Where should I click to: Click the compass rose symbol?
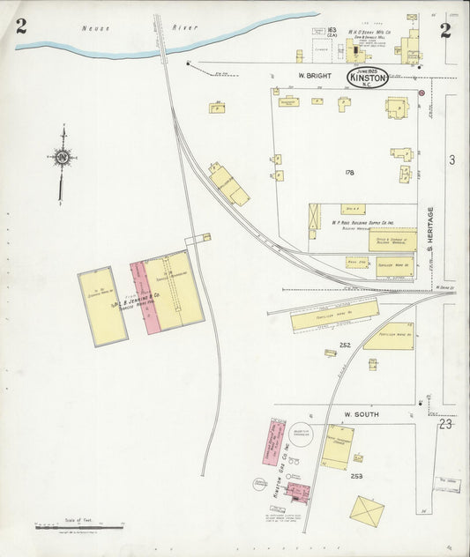click(62, 159)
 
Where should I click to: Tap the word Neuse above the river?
click(94, 28)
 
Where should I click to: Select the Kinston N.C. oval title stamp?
click(367, 78)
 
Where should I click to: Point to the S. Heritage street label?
click(431, 236)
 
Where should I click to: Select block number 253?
click(356, 476)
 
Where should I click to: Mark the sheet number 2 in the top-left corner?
click(20, 27)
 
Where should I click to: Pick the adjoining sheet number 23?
click(445, 424)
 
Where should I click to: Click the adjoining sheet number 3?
click(451, 160)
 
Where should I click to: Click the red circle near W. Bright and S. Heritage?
click(422, 93)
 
